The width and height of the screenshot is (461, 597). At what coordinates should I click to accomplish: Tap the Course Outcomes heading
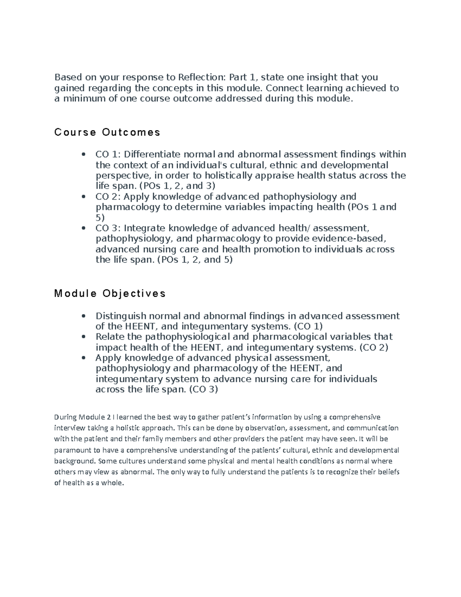click(107, 132)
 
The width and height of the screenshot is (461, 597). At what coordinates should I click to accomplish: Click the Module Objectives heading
click(110, 294)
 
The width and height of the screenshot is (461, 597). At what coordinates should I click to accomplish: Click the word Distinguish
click(121, 316)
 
